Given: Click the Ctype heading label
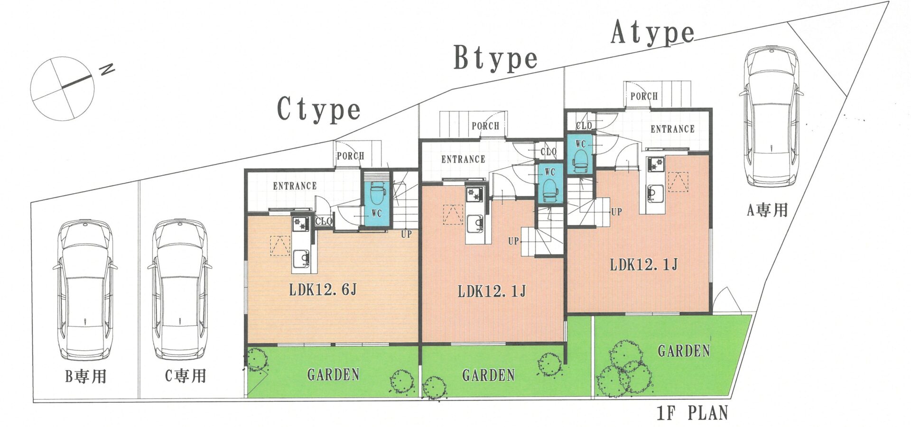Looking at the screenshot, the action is click(x=318, y=109).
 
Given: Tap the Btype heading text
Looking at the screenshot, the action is click(x=495, y=58).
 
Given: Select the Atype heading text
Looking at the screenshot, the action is click(x=653, y=33).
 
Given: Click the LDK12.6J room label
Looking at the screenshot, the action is click(x=323, y=289).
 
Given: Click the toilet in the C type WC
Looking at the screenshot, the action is click(x=377, y=194).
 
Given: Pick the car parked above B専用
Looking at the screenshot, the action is click(x=85, y=289).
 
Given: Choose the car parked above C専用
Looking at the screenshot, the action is click(x=179, y=289).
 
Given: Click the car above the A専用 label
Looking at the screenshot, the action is click(x=771, y=117).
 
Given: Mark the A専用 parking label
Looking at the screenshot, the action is click(x=767, y=210).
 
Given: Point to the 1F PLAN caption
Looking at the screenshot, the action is click(x=692, y=413).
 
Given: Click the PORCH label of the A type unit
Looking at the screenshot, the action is click(x=644, y=96).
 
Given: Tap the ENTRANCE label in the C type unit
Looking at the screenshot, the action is click(x=295, y=186).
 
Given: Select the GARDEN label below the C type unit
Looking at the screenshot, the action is click(x=333, y=375).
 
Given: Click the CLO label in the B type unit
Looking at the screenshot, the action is click(x=548, y=152).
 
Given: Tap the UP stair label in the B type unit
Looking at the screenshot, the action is click(x=513, y=241).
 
